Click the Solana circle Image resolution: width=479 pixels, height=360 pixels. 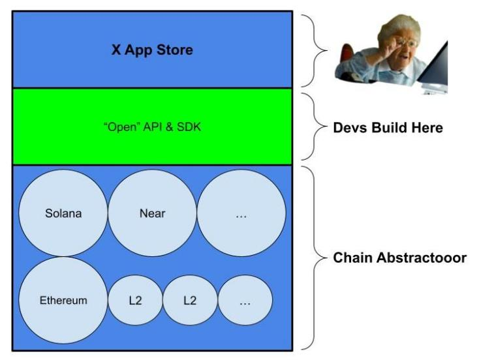pos(63,213)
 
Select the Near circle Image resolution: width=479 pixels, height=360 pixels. pos(152,213)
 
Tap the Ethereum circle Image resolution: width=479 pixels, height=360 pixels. pos(63,301)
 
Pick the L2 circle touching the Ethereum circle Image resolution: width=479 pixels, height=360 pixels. pos(135,301)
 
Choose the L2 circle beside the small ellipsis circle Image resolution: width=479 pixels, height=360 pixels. pos(189,301)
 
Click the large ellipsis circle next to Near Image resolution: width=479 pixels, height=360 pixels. pos(241,213)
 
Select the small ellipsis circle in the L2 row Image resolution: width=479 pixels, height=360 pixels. pos(245,301)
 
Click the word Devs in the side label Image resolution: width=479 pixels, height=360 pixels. pos(348,128)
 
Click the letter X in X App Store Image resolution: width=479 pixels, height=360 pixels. pos(115,50)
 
